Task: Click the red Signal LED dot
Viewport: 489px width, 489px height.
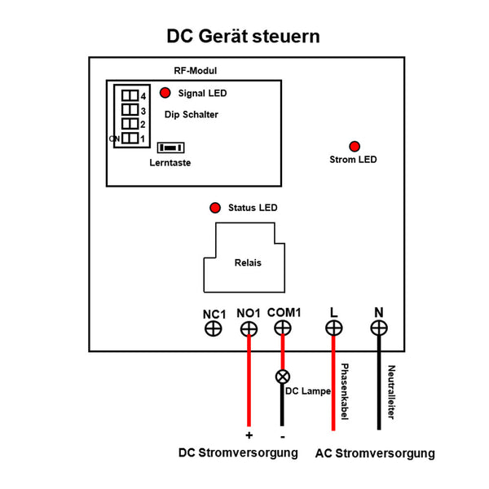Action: pyautogui.click(x=165, y=93)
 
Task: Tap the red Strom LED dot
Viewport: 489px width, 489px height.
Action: pyautogui.click(x=355, y=146)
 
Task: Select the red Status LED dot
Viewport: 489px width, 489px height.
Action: pyautogui.click(x=215, y=208)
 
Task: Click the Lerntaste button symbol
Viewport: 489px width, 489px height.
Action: pyautogui.click(x=171, y=148)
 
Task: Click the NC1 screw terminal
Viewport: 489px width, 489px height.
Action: pyautogui.click(x=213, y=328)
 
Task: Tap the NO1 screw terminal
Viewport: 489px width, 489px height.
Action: pyautogui.click(x=249, y=328)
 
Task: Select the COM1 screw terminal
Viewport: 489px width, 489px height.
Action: pyautogui.click(x=283, y=328)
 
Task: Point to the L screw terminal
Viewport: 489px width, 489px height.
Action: pyautogui.click(x=333, y=328)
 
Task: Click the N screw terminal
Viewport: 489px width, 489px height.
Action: pyautogui.click(x=378, y=328)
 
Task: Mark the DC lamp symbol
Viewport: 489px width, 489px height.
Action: pyautogui.click(x=283, y=377)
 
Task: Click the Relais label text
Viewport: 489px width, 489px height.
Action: pyautogui.click(x=248, y=263)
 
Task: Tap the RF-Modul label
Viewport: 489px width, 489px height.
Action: pyautogui.click(x=196, y=71)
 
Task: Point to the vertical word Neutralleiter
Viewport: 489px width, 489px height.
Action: pyautogui.click(x=391, y=391)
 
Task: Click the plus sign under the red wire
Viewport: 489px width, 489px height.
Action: pyautogui.click(x=249, y=436)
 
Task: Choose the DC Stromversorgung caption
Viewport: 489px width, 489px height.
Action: pyautogui.click(x=238, y=453)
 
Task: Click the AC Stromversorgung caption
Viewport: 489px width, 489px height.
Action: pyautogui.click(x=375, y=454)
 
